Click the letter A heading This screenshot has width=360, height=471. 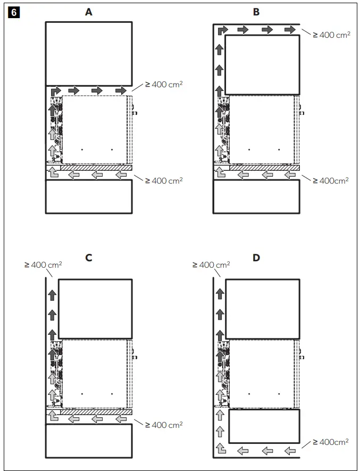[x=89, y=12]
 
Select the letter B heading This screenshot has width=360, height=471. [x=256, y=12]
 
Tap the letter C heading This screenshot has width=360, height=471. [x=89, y=258]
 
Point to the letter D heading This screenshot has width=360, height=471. [x=256, y=258]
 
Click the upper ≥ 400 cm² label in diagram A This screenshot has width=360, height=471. [x=164, y=84]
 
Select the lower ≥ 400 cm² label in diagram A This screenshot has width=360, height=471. [x=164, y=180]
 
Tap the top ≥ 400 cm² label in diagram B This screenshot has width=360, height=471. [x=331, y=35]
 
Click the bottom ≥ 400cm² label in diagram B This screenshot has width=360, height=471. [x=331, y=180]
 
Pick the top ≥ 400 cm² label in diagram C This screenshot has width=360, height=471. [x=43, y=265]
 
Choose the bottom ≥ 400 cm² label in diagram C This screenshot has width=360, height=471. [x=164, y=425]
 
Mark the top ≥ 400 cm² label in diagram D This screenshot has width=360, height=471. [x=211, y=265]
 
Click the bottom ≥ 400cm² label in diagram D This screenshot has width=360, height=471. [x=331, y=442]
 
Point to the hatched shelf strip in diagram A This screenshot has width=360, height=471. [x=96, y=168]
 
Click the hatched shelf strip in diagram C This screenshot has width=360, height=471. [x=96, y=412]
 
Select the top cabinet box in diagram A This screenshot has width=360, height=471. [x=89, y=54]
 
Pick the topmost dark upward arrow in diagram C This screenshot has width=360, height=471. [x=52, y=295]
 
